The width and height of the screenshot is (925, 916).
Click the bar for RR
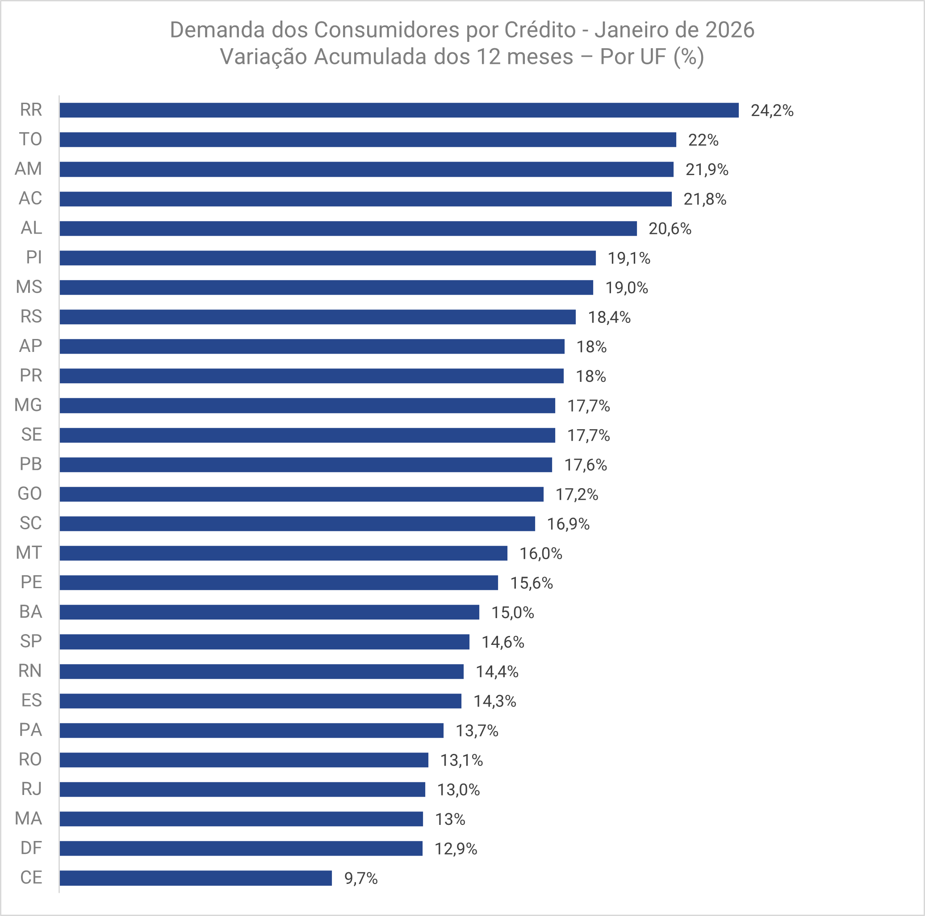pyautogui.click(x=399, y=110)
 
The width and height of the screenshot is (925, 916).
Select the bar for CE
pyautogui.click(x=195, y=878)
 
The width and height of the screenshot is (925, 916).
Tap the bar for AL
pyautogui.click(x=348, y=228)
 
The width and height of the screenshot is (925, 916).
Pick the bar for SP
pyautogui.click(x=264, y=642)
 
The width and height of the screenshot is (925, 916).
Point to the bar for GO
pyautogui.click(x=301, y=494)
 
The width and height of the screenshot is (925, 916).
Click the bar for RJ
pyautogui.click(x=242, y=790)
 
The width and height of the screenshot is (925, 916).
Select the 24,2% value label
pyautogui.click(x=772, y=111)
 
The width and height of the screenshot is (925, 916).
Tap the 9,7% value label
pyautogui.click(x=361, y=878)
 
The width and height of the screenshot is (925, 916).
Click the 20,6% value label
pyautogui.click(x=670, y=229)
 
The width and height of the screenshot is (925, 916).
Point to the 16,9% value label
pyautogui.click(x=568, y=524)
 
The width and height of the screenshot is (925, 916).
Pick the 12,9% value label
pyautogui.click(x=456, y=849)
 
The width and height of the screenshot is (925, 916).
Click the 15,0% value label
pyautogui.click(x=513, y=613)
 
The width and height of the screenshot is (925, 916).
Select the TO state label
pyautogui.click(x=31, y=139)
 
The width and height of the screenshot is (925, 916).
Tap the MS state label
pyautogui.click(x=29, y=287)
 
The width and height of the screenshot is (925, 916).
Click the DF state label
pyautogui.click(x=31, y=848)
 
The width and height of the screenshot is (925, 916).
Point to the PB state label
pyautogui.click(x=31, y=464)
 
